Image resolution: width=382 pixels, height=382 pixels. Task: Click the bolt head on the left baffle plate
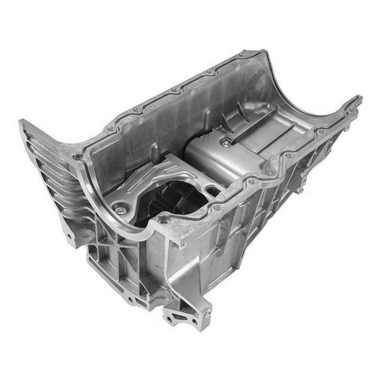[120, 210]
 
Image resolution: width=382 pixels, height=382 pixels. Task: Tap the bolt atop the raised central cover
[227, 142]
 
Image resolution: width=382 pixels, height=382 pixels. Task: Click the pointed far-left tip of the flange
[21, 122]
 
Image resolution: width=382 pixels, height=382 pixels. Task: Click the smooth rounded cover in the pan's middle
[222, 159]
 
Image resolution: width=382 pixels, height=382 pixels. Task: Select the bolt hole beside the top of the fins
[78, 157]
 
